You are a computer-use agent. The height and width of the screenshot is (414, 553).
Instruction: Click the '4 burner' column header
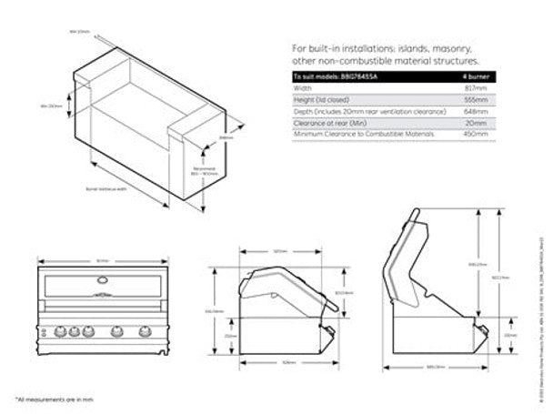pyautogui.click(x=477, y=76)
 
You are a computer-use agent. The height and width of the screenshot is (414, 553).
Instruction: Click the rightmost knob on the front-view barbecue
pyautogui.click(x=145, y=330)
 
